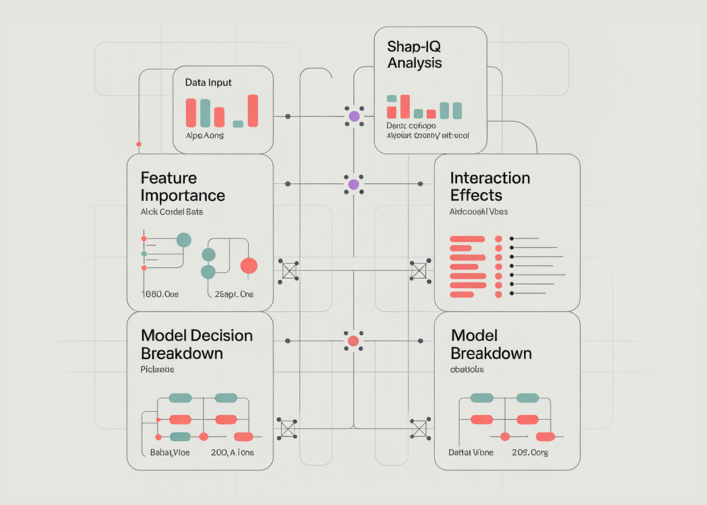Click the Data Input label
pos(208,82)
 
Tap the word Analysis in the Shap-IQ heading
pos(415,62)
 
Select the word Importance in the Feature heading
pos(182,196)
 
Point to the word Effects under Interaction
pos(476,196)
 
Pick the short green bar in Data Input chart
pos(238,124)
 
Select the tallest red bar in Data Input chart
pos(253,111)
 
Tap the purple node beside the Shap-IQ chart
pos(354,116)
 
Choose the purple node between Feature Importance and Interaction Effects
pos(354,184)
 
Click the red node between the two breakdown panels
pos(353,341)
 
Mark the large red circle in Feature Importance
pos(249,266)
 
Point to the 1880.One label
pos(160,295)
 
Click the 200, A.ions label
pos(233,452)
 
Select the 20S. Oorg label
pos(530,452)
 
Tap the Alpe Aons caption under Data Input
pos(205,136)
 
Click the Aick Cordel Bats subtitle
pos(172,213)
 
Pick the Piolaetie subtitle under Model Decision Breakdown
pos(157,369)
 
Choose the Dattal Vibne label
pos(471,452)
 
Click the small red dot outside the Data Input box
pos(139,144)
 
